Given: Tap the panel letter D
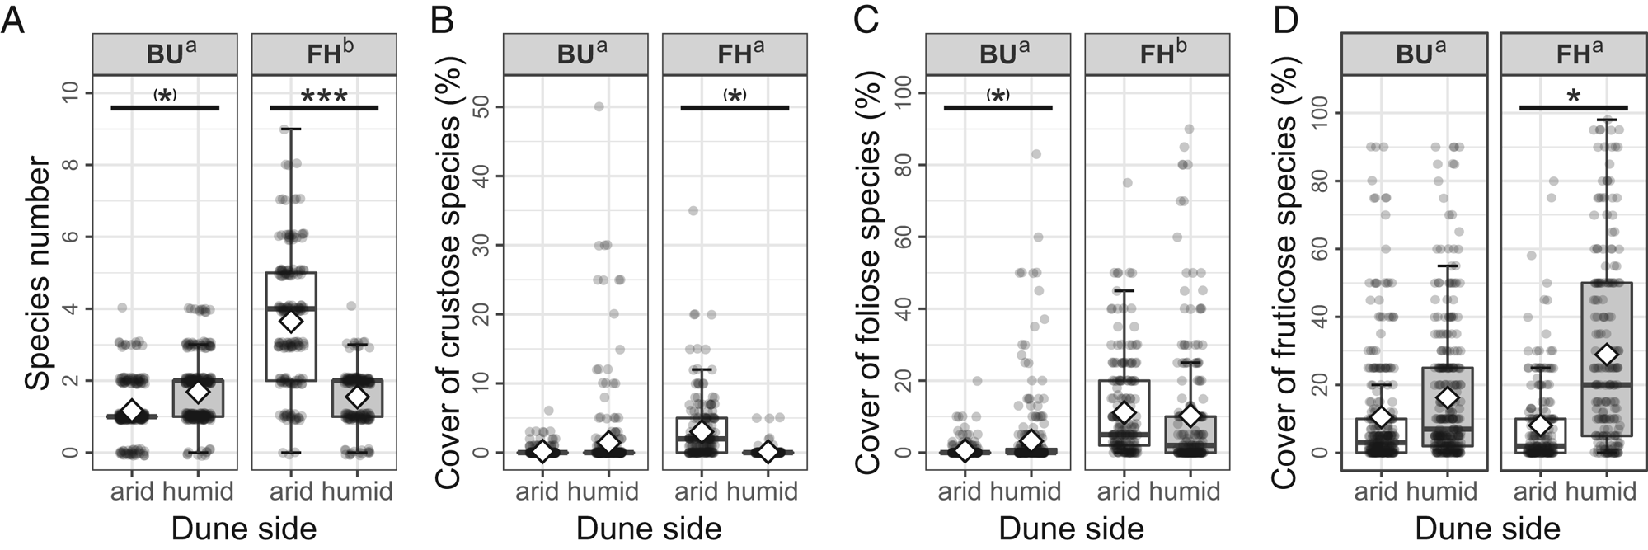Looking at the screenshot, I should click(x=1285, y=18).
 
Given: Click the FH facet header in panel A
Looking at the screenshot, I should click(x=324, y=54).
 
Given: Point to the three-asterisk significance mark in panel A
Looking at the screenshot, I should click(x=324, y=96).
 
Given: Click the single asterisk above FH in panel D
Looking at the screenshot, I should click(x=1573, y=96).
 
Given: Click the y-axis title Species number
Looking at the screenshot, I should click(x=37, y=276).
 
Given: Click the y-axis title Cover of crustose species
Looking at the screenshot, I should click(x=447, y=272).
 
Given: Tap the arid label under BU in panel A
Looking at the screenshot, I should click(x=132, y=492).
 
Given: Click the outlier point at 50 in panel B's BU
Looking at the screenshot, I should click(x=599, y=106).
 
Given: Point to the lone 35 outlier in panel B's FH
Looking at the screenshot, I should click(x=693, y=211).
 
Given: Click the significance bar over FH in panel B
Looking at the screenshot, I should click(x=735, y=108).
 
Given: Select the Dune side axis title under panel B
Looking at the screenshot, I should click(x=649, y=528).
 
